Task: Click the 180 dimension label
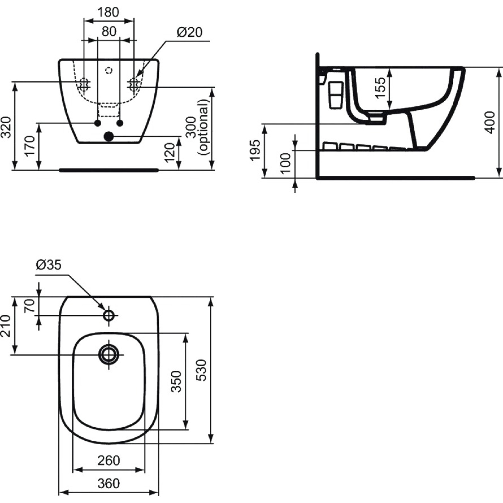tap(108, 12)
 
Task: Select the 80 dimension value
tap(109, 31)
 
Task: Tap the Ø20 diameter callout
tap(189, 32)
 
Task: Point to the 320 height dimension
tap(6, 127)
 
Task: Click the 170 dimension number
tap(30, 146)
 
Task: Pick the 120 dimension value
tap(170, 152)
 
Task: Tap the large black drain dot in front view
tap(108, 136)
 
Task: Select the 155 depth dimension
tap(380, 88)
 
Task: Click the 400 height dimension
tap(491, 122)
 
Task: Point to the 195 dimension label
tap(255, 150)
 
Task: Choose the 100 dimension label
tap(286, 163)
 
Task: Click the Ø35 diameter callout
tap(49, 265)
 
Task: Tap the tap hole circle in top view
tap(109, 315)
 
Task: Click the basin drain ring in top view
tap(108, 354)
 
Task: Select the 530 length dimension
tap(202, 370)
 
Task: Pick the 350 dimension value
tap(177, 381)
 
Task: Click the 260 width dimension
tap(109, 461)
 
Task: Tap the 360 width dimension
tap(109, 484)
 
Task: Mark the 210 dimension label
tap(6, 326)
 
